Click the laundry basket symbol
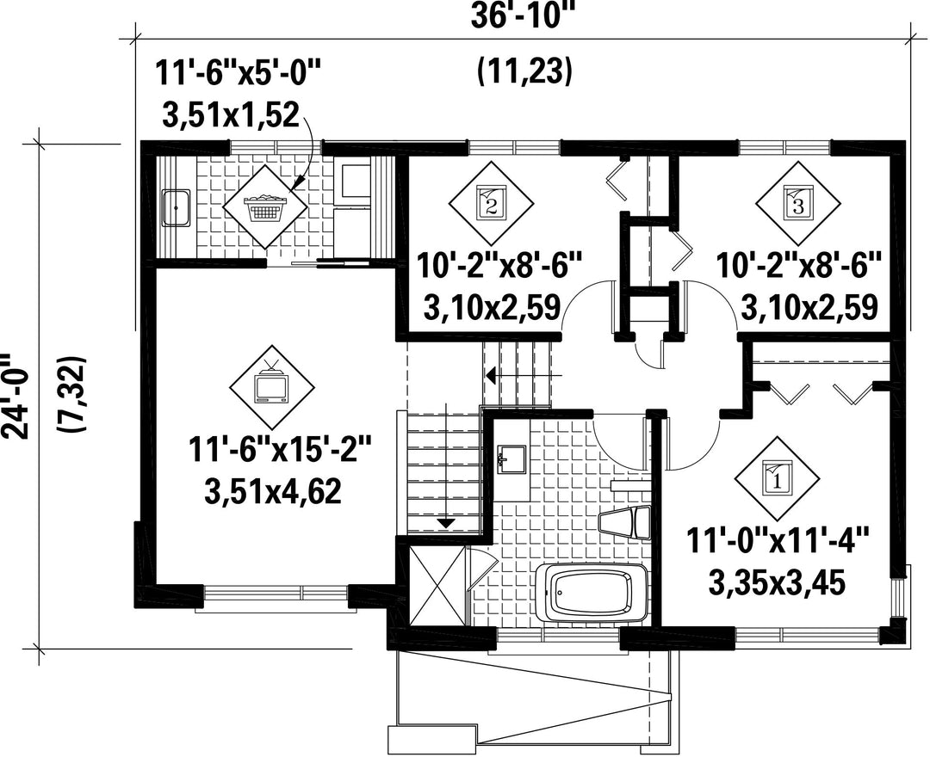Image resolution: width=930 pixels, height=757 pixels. (x=265, y=206)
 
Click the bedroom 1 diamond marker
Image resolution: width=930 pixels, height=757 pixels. (x=777, y=477)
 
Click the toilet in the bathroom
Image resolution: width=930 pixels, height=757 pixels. (x=624, y=522)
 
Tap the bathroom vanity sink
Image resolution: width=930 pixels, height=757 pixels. (x=511, y=459)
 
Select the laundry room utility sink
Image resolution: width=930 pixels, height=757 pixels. (x=177, y=208)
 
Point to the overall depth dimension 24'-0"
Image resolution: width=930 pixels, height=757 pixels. (x=16, y=397)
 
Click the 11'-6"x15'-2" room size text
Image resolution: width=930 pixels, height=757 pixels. (x=280, y=450)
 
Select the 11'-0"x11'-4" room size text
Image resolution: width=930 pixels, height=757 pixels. (x=778, y=541)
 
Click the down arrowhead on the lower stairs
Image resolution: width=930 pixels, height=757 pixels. (x=445, y=522)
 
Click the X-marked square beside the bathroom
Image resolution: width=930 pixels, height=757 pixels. (x=437, y=586)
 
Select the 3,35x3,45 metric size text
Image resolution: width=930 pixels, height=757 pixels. (x=777, y=583)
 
